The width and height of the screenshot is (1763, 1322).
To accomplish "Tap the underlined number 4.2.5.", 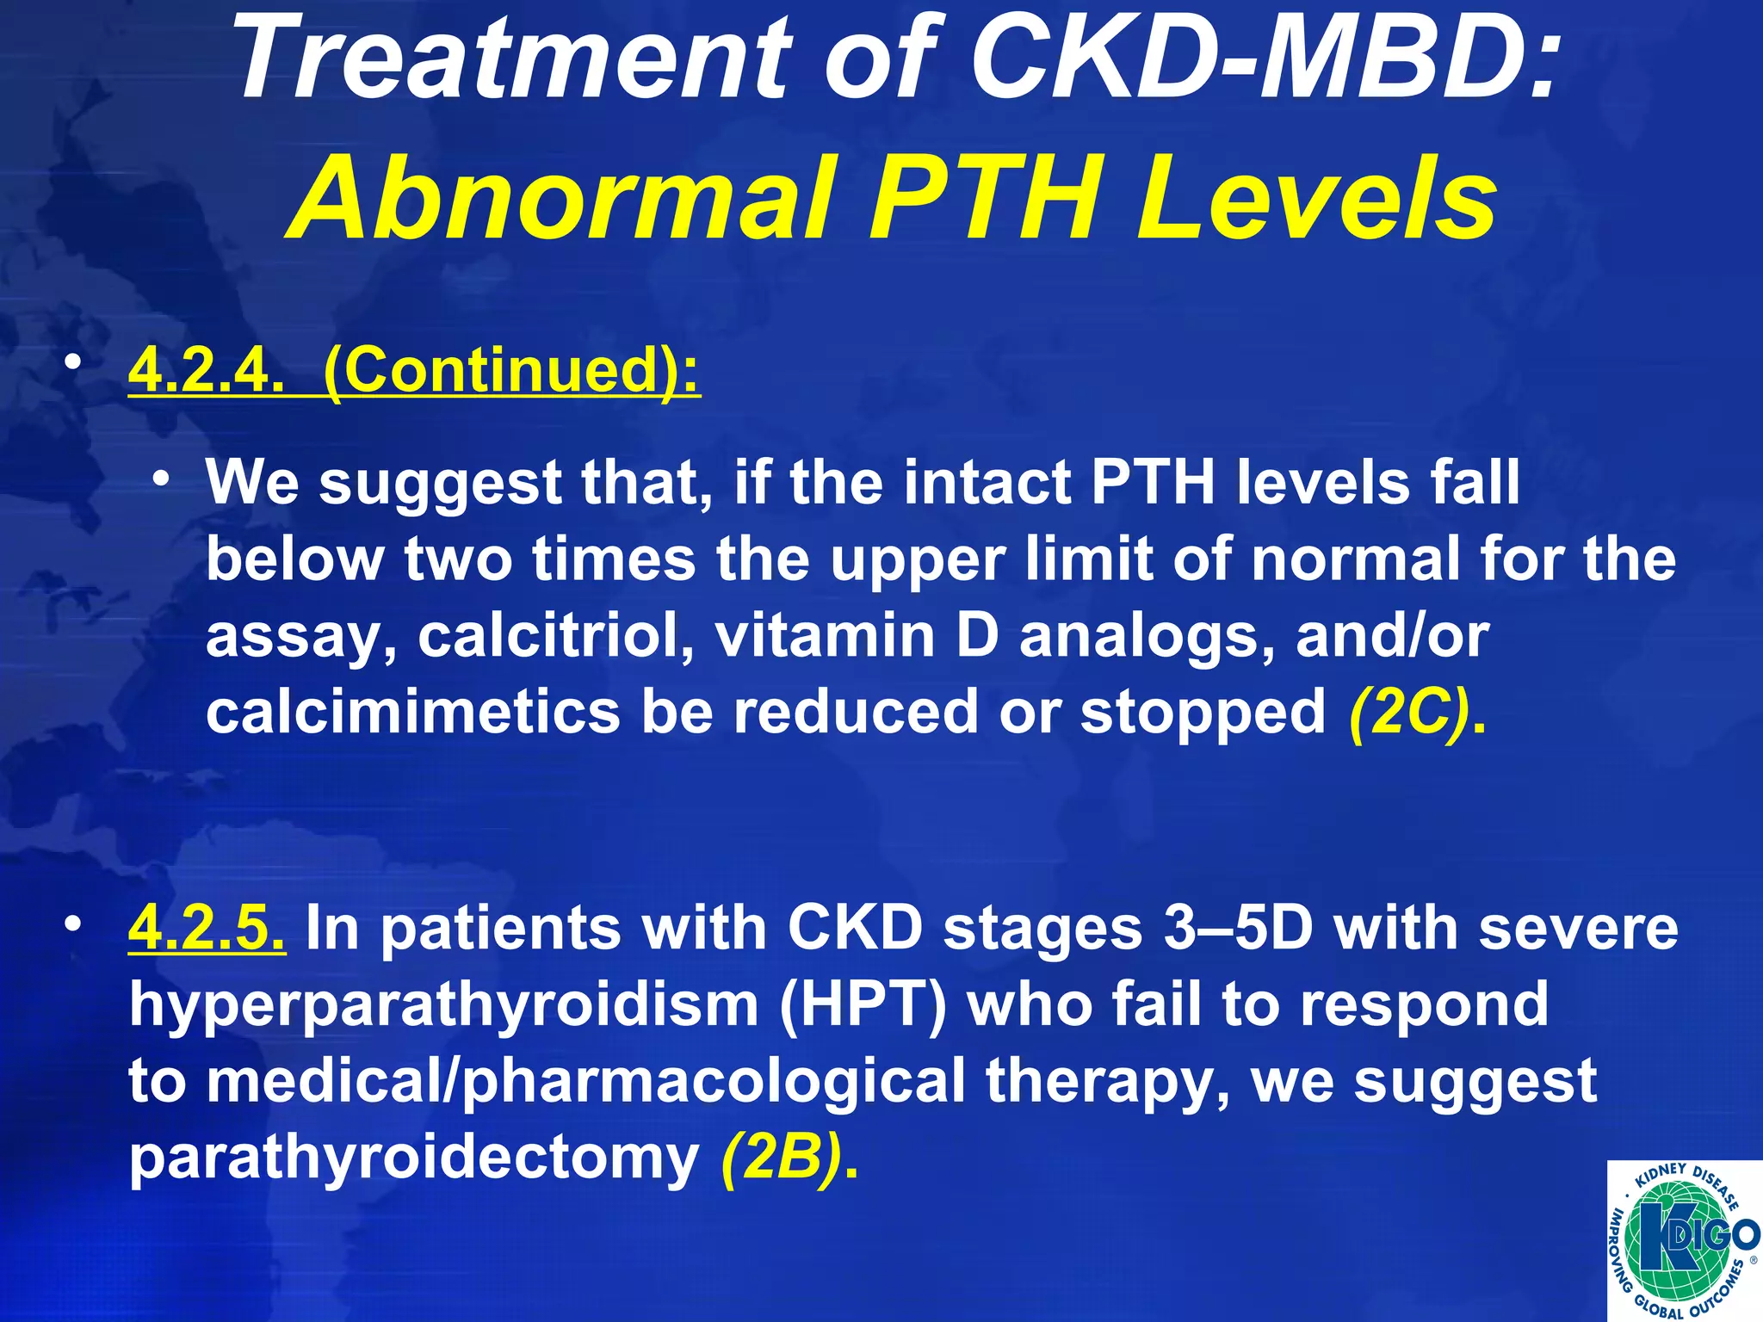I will click(207, 928).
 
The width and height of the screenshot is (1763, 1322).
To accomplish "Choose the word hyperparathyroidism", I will click(443, 1005).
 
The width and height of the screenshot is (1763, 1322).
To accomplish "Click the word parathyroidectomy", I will click(413, 1158).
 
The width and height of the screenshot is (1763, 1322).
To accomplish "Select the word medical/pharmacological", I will click(585, 1081).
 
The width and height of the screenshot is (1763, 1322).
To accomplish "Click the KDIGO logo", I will click(1683, 1239).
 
